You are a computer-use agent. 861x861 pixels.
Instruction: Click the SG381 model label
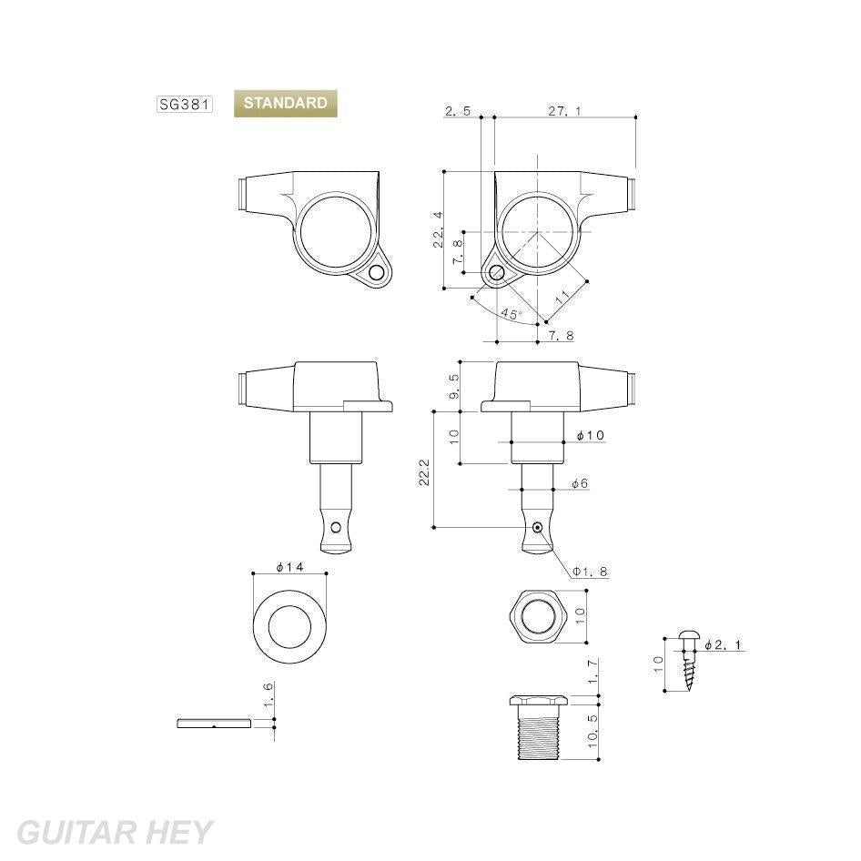point(184,105)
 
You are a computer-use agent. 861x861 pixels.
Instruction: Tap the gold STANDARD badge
point(285,104)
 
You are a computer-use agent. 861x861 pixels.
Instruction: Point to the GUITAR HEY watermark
point(114,832)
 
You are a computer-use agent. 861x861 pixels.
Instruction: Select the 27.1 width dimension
point(564,111)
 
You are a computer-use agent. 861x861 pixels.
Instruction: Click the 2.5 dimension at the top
point(458,111)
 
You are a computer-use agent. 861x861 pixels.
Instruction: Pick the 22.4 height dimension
point(439,229)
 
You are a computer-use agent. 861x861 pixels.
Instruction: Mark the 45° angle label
point(512,314)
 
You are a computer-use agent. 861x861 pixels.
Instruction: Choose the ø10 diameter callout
point(591,436)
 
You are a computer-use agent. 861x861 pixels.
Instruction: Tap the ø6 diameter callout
point(580,483)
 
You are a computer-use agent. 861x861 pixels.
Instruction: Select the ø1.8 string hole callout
point(590,572)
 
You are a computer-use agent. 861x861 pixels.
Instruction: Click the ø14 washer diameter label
point(289,567)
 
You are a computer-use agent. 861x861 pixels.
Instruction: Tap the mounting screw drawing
point(688,659)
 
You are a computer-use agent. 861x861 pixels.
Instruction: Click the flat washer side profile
point(215,724)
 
